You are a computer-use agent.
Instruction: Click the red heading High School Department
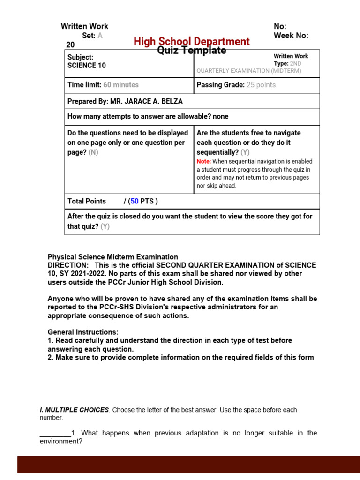191,41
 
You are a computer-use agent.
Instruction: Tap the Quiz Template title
192,51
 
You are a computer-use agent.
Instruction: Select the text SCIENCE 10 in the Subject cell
87,66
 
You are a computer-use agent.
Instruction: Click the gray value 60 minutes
121,85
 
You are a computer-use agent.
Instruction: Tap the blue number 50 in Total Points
135,201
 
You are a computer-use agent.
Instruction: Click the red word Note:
204,161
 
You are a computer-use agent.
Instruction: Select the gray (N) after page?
93,152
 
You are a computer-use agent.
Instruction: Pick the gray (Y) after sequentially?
245,152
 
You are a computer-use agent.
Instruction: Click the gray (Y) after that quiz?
105,226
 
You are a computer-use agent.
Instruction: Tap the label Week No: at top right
291,36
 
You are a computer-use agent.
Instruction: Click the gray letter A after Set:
100,36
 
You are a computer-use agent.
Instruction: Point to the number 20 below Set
70,45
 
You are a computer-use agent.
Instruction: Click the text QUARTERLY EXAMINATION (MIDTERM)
249,71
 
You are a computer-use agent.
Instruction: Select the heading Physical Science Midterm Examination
112,257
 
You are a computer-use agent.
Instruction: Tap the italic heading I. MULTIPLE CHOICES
74,410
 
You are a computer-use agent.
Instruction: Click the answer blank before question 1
55,434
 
